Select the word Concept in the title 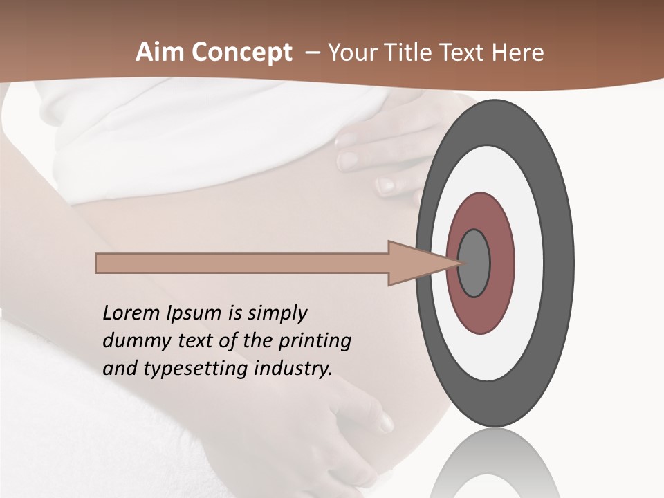(241, 53)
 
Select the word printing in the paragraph (314, 341)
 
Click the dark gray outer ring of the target (562, 263)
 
